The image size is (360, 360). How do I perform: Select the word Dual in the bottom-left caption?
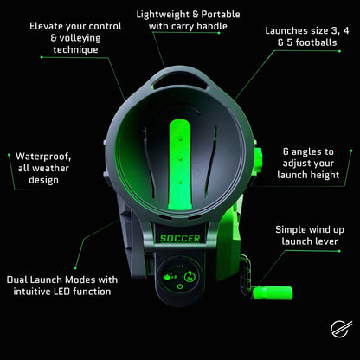pos(21,279)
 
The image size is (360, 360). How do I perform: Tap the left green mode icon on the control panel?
pos(165,270)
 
